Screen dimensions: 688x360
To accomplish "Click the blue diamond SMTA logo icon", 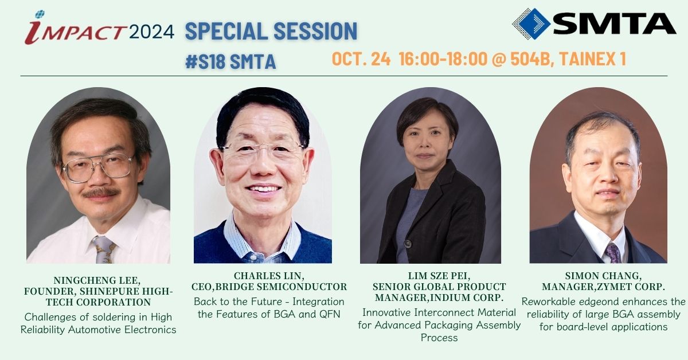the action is pos(531,24).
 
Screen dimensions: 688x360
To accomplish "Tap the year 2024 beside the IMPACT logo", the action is pos(152,32).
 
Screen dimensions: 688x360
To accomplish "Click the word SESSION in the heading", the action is pos(315,31).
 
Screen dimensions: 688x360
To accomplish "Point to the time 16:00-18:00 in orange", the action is pos(443,58).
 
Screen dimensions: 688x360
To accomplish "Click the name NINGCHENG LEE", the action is pos(97,280).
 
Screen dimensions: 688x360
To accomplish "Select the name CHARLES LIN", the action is pos(269,276).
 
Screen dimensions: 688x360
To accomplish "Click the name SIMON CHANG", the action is pos(603,276).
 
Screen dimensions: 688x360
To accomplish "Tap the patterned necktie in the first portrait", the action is pos(104,249).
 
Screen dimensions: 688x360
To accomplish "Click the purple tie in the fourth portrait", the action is pos(613,252).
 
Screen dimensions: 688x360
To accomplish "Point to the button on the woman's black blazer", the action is pos(408,244).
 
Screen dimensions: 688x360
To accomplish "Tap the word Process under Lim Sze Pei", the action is pos(439,338).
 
